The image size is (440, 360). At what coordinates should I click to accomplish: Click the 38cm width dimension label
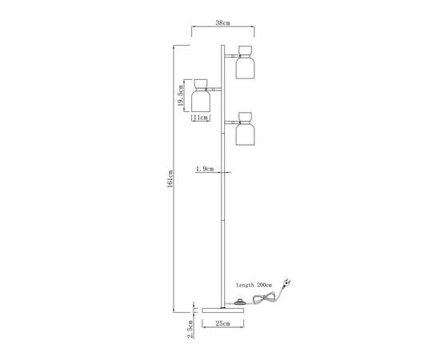tap(222, 23)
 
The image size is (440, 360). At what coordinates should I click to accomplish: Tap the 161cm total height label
tap(170, 178)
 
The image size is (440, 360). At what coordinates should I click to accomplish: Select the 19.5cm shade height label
tap(181, 95)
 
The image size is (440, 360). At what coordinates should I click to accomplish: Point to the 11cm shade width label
tap(201, 118)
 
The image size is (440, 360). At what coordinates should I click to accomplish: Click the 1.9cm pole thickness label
tap(205, 169)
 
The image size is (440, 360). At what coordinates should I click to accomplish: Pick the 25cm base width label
tap(223, 323)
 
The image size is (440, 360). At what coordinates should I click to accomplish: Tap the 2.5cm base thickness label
tap(190, 329)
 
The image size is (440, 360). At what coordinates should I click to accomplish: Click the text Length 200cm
tap(254, 285)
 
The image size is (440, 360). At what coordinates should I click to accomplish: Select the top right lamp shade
tap(246, 62)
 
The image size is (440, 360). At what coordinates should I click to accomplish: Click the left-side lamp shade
tap(201, 95)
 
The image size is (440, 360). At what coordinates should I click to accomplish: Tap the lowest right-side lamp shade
tap(246, 129)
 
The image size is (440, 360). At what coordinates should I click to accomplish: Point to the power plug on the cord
tap(286, 282)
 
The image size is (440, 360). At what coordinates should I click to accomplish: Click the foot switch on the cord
tap(240, 302)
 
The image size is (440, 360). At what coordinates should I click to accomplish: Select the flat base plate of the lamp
tap(223, 310)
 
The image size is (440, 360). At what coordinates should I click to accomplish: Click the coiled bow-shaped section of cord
tap(264, 298)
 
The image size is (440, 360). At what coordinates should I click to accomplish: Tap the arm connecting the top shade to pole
tap(231, 55)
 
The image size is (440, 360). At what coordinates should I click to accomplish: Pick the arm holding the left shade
tap(214, 90)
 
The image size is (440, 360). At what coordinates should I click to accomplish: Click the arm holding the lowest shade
tap(231, 122)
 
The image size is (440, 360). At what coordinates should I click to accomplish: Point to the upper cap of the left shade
tap(201, 83)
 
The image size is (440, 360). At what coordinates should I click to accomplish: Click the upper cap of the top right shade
tap(246, 50)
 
